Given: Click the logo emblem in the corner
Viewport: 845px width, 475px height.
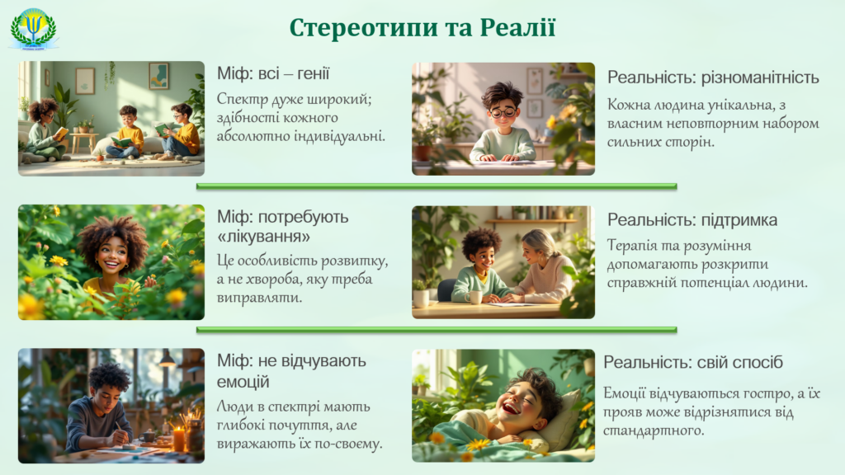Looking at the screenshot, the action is (x=33, y=29).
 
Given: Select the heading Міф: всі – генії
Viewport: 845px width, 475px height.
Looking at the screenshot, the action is (x=273, y=73).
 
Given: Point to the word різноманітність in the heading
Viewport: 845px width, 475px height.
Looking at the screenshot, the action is (x=760, y=78).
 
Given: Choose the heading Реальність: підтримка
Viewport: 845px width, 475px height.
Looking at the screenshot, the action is (x=692, y=220).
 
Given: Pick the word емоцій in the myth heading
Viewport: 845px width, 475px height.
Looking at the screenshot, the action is (x=243, y=381).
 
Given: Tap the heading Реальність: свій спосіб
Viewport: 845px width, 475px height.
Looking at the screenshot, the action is (x=692, y=363).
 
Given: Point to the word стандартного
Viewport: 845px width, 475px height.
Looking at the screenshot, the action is (x=654, y=430).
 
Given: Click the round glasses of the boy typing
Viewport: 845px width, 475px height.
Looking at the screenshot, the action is (x=503, y=112).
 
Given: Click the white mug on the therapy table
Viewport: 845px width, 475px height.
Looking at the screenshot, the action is (x=473, y=297).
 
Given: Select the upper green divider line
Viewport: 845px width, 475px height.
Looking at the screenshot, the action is (x=437, y=186).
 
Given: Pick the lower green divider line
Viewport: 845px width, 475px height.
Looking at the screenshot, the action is (x=437, y=330).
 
